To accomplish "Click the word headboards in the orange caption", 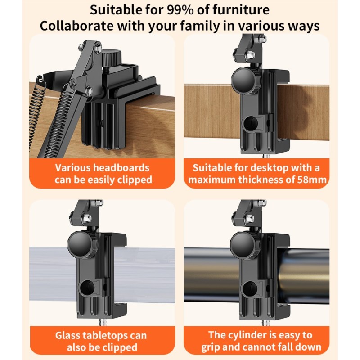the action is coord(121,168).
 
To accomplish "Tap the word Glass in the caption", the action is coord(67,335).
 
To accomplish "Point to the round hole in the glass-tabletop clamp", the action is coord(88,288).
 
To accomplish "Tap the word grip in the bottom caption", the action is coord(210,347).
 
